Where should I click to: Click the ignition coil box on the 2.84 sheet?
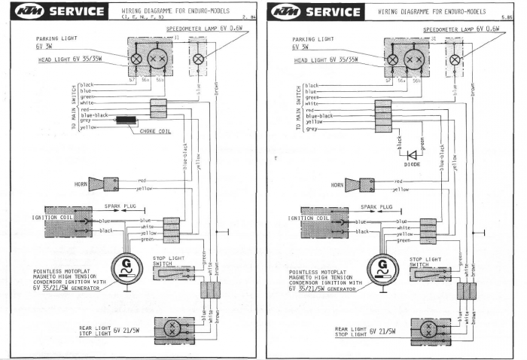tap(69, 221)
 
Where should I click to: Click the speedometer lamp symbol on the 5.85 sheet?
tap(453, 59)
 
